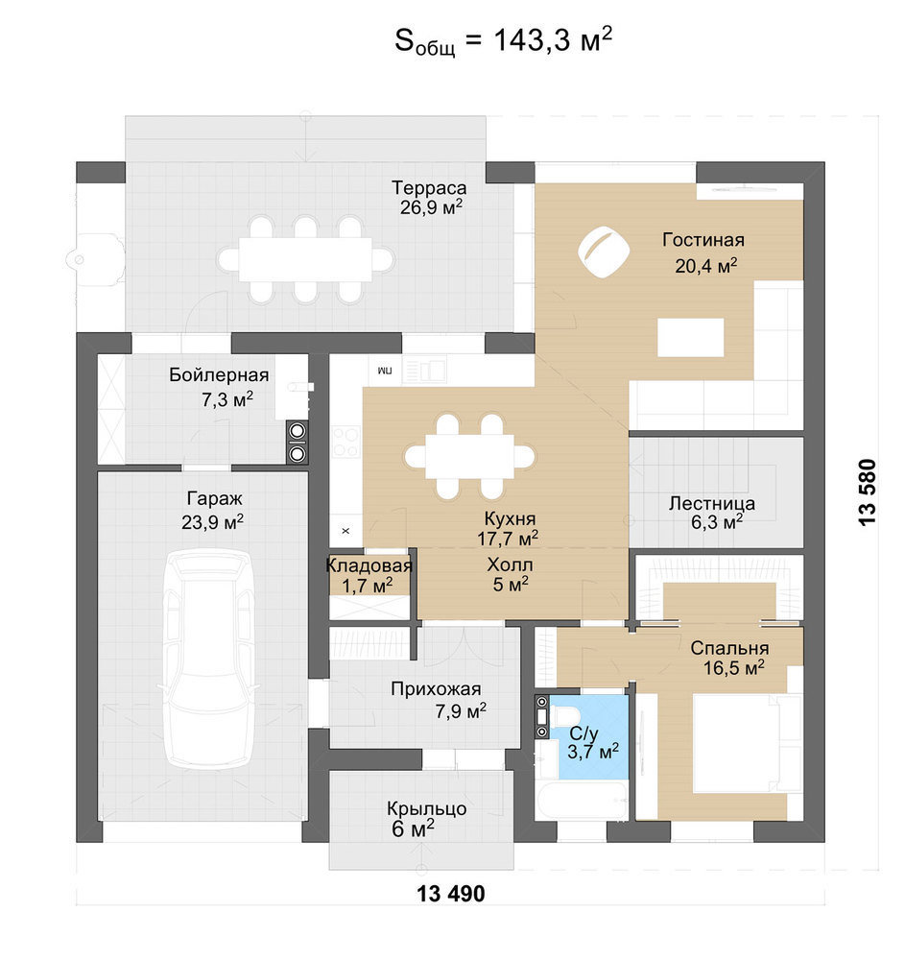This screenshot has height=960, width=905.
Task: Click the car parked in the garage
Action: (x=209, y=659)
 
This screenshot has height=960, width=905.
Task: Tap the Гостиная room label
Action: (x=703, y=239)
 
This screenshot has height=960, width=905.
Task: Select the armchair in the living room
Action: (x=604, y=252)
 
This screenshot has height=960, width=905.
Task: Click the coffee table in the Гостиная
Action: (x=691, y=337)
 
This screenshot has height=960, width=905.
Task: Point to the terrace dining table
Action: (x=305, y=259)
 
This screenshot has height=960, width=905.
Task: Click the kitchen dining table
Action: (x=470, y=456)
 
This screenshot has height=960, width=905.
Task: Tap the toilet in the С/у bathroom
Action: (x=562, y=716)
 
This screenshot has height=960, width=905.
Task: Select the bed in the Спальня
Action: (x=747, y=743)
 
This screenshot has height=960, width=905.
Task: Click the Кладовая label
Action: (x=369, y=565)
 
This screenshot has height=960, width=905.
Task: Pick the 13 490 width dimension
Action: (x=451, y=893)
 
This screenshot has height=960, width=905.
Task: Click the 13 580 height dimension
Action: (x=868, y=492)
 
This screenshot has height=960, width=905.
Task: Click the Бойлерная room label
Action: (x=219, y=374)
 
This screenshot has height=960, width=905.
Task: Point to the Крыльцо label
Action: (x=427, y=808)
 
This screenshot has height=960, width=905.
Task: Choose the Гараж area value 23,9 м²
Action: (x=212, y=521)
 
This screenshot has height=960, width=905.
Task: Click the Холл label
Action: (x=510, y=564)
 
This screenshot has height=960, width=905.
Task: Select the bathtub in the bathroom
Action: (x=582, y=800)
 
